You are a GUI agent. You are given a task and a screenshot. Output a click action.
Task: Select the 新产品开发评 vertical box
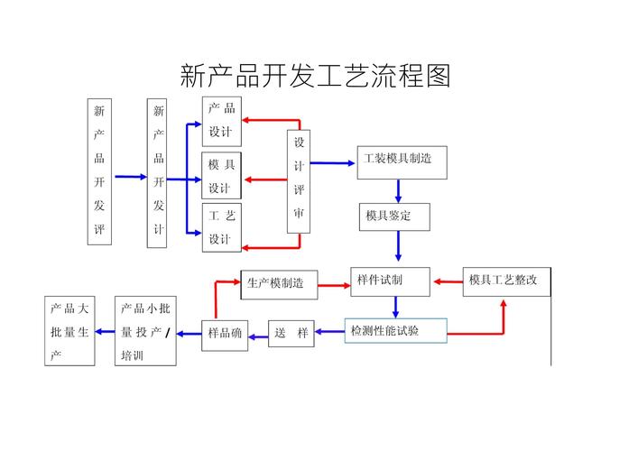[99, 171]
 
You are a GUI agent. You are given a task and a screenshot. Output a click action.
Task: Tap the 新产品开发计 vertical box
[158, 171]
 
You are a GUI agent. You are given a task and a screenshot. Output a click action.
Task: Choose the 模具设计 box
[221, 175]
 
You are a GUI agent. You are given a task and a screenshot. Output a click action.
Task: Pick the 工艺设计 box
[221, 227]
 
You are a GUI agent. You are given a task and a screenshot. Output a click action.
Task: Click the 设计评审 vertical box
[299, 181]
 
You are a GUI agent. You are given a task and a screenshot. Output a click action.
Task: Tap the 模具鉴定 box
[394, 216]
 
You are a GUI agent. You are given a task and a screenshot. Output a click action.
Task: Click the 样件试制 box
[390, 281]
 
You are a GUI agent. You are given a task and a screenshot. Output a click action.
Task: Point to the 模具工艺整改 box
[505, 281]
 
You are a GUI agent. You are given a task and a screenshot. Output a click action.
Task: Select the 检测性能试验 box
[395, 331]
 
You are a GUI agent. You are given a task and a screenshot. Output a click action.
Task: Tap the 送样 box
[291, 333]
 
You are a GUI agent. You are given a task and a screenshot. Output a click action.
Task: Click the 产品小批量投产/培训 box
[145, 331]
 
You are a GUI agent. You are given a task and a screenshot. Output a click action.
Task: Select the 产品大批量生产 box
[69, 331]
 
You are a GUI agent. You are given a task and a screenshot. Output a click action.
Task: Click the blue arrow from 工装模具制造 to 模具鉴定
[398, 190]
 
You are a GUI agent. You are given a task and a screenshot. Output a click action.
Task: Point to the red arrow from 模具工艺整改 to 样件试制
[447, 281]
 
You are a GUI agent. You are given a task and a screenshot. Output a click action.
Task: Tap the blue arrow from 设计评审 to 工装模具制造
[332, 163]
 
